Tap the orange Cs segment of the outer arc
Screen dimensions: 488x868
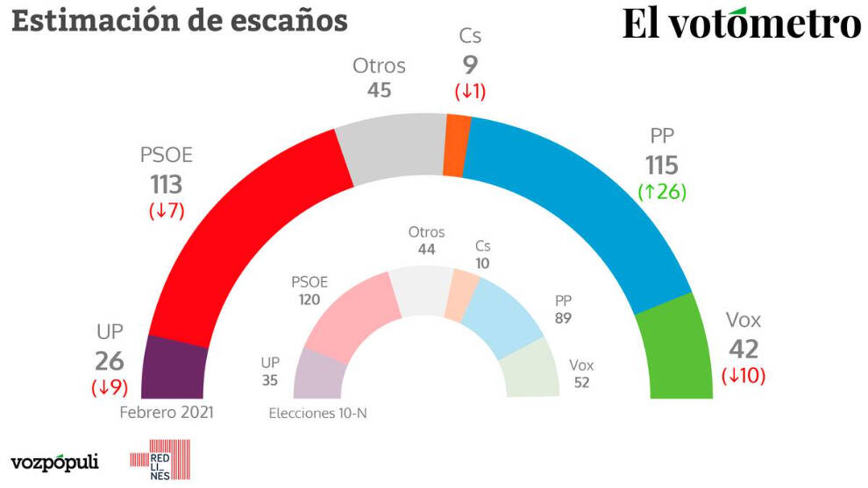456,145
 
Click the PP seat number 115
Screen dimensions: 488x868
662,165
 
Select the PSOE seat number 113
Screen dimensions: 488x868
165,184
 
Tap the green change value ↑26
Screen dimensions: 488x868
662,192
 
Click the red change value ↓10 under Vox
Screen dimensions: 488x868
743,377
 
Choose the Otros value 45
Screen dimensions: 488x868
379,89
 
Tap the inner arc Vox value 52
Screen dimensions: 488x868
580,382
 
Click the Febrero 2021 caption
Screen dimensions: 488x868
167,412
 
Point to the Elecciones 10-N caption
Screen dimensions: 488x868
317,412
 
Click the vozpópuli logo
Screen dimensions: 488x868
54,462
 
